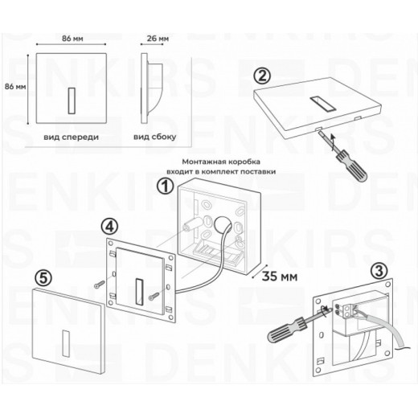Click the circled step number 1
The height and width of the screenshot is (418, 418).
click(165, 186)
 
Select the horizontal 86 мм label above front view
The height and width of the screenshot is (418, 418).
click(73, 37)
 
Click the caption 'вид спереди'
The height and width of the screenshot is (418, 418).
click(72, 137)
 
